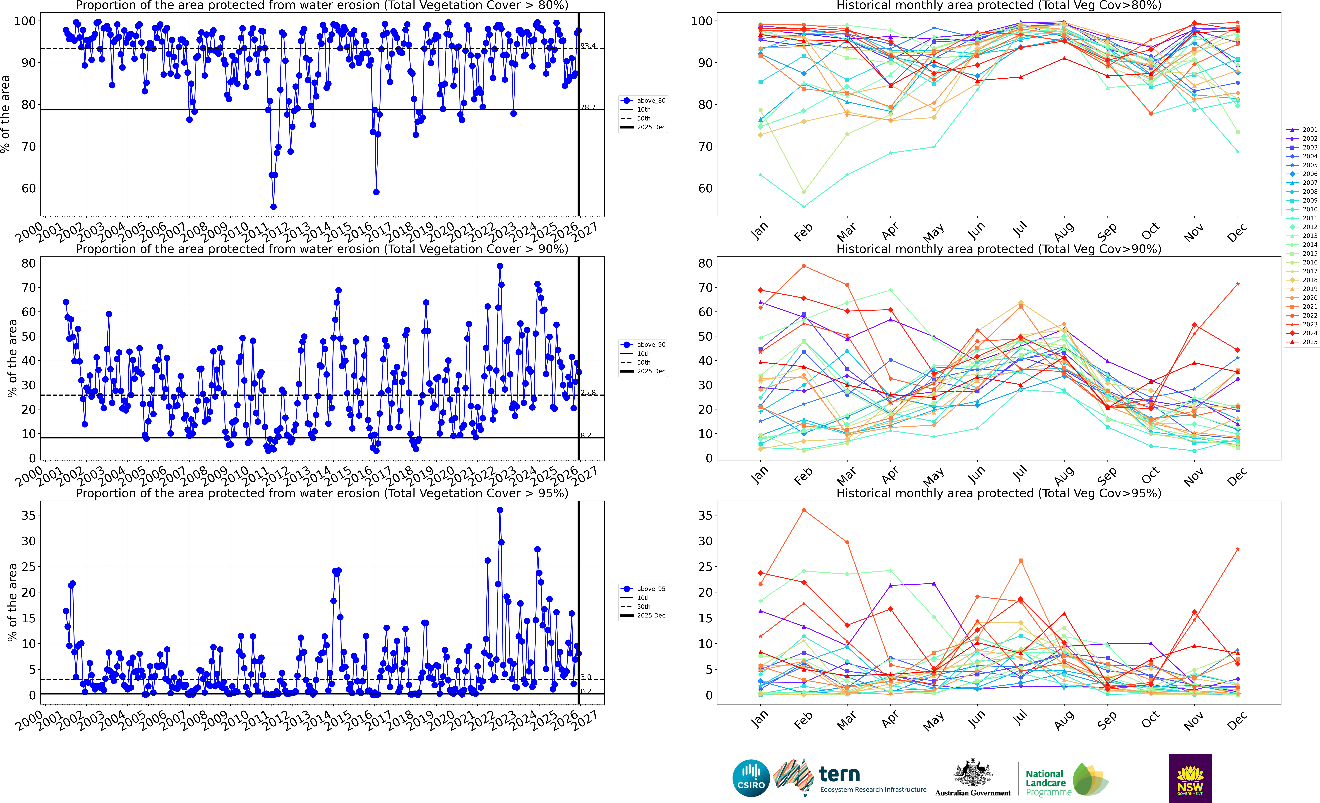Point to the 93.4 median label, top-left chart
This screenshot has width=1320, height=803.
tap(588, 46)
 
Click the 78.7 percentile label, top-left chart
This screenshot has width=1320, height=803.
tap(588, 107)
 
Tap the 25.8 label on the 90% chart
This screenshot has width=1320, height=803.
tap(588, 392)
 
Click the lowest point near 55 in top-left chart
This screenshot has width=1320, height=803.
tap(273, 207)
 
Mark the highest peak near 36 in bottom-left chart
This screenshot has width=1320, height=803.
tap(500, 510)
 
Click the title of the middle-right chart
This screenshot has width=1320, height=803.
tap(999, 249)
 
